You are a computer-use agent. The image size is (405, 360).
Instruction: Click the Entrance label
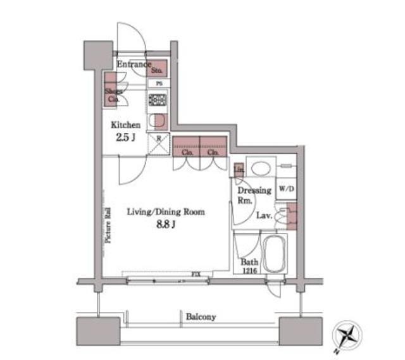click(x=133, y=64)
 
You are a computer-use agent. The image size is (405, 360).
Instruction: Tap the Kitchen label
click(x=126, y=125)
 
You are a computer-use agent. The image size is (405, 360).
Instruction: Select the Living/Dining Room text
click(x=165, y=213)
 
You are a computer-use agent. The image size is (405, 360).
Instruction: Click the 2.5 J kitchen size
click(x=125, y=137)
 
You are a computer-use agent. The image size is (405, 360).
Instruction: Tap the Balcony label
click(x=201, y=316)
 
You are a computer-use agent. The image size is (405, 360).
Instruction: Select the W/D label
click(x=285, y=188)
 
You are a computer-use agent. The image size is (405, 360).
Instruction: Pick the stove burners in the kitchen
click(x=156, y=100)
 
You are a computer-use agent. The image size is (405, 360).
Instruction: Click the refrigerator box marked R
click(x=158, y=143)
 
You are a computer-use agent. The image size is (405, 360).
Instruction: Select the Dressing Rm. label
click(x=254, y=195)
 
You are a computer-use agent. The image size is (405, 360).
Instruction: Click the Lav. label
click(x=264, y=215)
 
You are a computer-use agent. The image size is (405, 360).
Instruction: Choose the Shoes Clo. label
click(x=113, y=95)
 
